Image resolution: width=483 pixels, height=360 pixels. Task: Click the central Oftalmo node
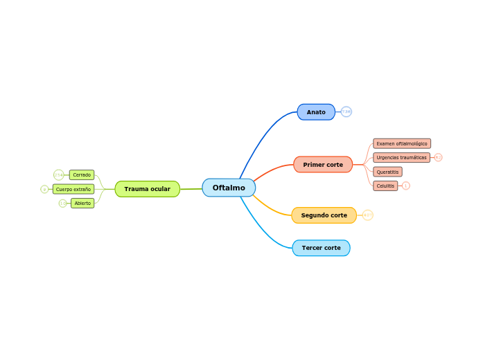coord(229,188)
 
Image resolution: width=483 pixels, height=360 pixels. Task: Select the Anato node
coord(316,112)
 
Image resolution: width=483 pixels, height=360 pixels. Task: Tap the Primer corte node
coord(323,165)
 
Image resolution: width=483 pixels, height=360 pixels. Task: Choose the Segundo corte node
coord(324,215)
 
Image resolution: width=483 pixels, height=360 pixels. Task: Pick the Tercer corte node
coord(321,248)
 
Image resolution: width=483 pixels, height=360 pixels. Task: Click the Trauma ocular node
coord(147,189)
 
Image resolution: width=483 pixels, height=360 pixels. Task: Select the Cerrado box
coord(82,175)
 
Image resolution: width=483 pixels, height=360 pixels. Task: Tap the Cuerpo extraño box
coord(73,189)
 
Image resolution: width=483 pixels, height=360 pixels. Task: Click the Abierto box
coord(82,204)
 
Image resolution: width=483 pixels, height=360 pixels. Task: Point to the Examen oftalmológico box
coord(402,143)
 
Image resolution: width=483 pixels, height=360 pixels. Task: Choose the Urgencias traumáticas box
coord(401,157)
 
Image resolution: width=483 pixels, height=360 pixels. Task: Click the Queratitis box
coord(387,172)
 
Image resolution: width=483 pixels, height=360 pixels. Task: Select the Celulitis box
coord(385,186)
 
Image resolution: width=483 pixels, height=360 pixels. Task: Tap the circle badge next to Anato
coord(346,112)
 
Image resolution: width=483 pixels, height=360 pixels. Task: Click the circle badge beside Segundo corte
coord(368,215)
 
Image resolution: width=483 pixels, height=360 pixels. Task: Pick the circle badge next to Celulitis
coord(406,186)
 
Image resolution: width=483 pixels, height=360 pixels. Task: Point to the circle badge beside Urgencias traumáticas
coord(438,157)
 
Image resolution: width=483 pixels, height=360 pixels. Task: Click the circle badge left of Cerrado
coord(58,174)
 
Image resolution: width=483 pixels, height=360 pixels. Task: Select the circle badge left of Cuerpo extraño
coord(44,189)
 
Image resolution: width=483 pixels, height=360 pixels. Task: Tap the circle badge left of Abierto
coord(62,204)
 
